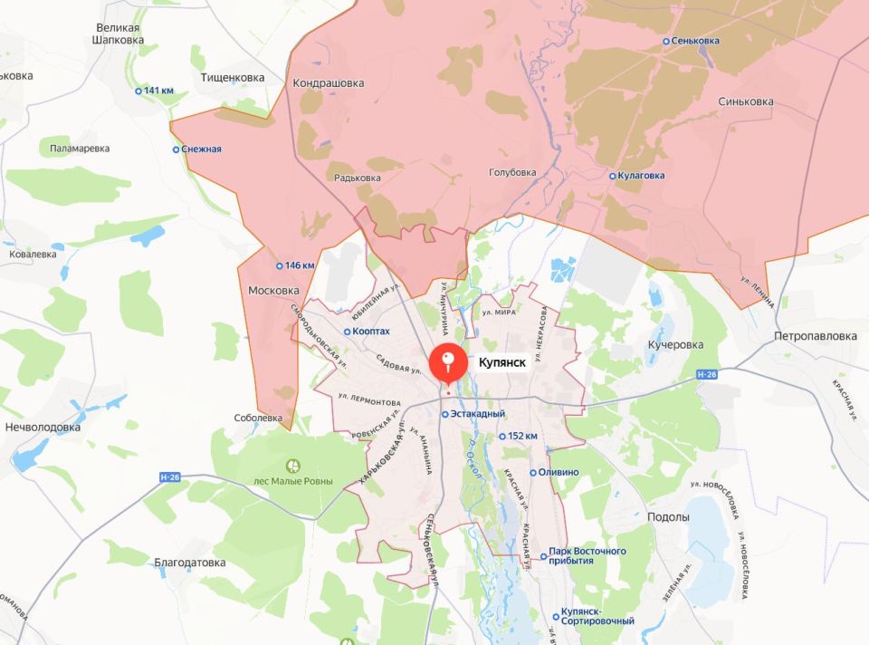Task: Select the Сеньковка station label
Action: pyautogui.click(x=695, y=41)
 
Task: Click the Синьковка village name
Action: pyautogui.click(x=745, y=102)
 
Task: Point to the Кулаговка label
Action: pyautogui.click(x=642, y=176)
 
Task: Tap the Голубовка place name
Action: pyautogui.click(x=512, y=172)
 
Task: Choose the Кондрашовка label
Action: pyautogui.click(x=329, y=83)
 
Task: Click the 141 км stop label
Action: pyautogui.click(x=158, y=91)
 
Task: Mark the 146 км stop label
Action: pyautogui.click(x=300, y=265)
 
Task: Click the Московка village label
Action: pyautogui.click(x=273, y=291)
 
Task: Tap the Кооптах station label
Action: pyautogui.click(x=371, y=332)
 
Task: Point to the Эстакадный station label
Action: pyautogui.click(x=477, y=414)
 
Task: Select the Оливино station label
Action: pyautogui.click(x=557, y=473)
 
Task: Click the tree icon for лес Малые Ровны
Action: pyautogui.click(x=292, y=466)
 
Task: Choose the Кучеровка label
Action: pyautogui.click(x=675, y=345)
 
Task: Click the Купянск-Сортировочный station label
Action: pyautogui.click(x=597, y=621)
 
